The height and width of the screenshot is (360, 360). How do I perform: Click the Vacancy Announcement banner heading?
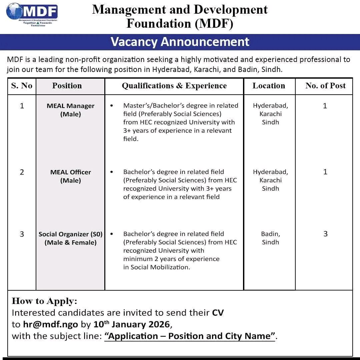pos(180,42)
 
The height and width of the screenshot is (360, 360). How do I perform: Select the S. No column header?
pos(22,86)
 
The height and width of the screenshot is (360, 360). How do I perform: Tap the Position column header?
pos(67,86)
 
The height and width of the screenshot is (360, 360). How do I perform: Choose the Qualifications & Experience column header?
pos(174,86)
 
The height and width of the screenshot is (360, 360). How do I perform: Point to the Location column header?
pos(269,86)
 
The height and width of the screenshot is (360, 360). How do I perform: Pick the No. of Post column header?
pos(325,86)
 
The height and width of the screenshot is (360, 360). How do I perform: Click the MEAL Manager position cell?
pos(71,110)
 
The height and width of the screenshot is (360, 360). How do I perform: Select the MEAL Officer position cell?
pos(71,176)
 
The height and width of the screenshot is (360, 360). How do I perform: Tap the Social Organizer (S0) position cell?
pos(71,238)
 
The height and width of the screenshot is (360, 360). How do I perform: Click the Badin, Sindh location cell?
pos(270,238)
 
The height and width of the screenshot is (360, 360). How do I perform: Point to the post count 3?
pos(325,234)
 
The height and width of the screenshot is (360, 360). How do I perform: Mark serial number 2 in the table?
pos(22,172)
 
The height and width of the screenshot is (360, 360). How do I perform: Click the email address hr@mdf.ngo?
pos(50,324)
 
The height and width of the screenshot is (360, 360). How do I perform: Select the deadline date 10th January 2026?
pos(132,324)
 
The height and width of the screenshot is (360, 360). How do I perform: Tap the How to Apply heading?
pos(44,301)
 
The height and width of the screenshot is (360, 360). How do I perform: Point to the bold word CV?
pos(218,313)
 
